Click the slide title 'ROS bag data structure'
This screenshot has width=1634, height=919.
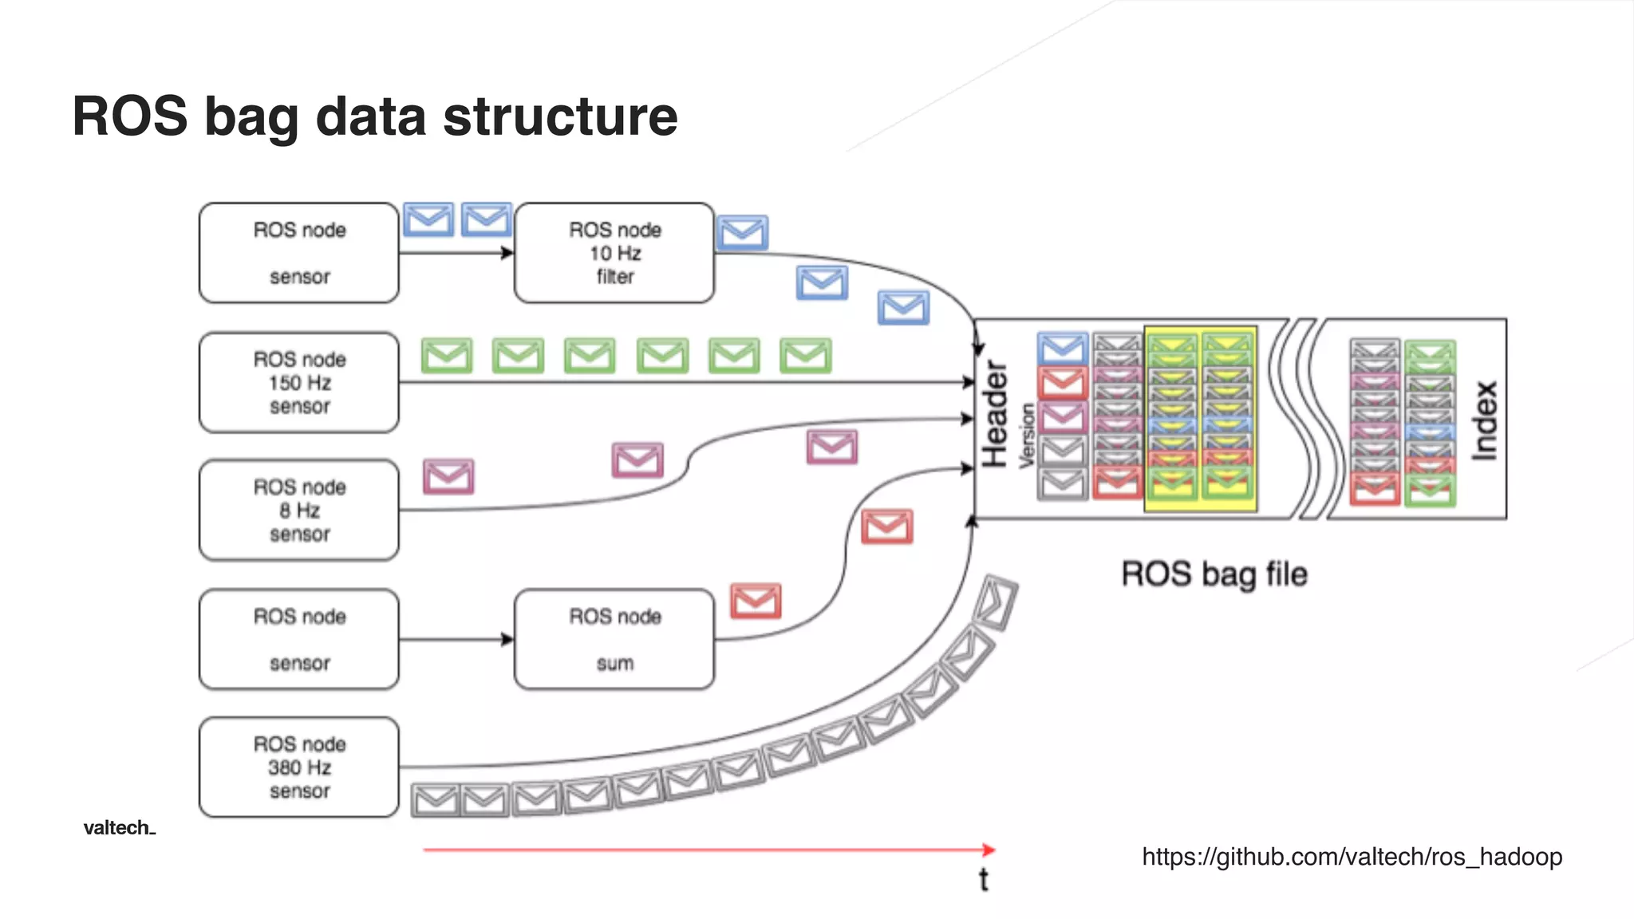coord(375,116)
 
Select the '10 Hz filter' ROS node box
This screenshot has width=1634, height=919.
coord(614,253)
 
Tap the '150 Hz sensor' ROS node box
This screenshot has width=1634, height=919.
coord(299,383)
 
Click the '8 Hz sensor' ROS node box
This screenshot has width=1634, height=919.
coord(299,511)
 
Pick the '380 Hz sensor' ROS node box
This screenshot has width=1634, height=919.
coord(299,767)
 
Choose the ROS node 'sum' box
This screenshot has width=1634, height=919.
coord(614,640)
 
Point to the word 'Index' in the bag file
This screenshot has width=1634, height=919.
coord(1484,420)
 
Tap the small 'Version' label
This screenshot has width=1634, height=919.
coord(1027,435)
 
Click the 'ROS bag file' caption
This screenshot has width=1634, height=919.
coord(1214,574)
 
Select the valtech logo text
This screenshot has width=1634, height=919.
coord(119,828)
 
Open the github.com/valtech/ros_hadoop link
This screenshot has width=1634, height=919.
coord(1352,857)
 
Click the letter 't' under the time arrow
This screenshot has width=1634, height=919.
coord(984,879)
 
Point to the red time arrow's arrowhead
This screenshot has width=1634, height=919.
coord(989,850)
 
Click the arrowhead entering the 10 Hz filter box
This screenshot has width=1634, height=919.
coord(507,253)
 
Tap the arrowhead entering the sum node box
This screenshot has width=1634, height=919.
coord(507,639)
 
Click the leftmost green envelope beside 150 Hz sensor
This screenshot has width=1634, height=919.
coord(447,356)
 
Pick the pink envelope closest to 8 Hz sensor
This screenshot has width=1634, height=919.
coord(448,476)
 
